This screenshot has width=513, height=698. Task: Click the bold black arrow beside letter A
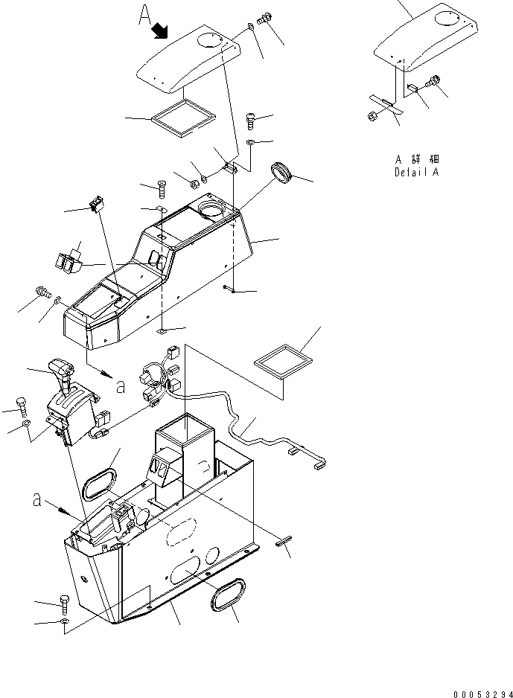(160, 31)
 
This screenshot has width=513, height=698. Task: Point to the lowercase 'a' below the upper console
(120, 385)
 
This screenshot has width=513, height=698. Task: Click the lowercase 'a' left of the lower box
(36, 500)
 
